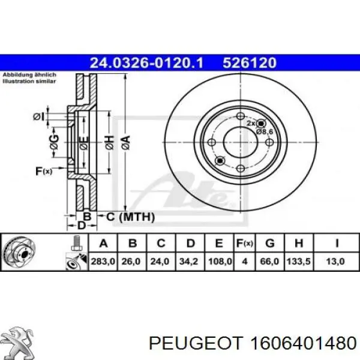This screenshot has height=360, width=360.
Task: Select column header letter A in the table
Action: (103, 243)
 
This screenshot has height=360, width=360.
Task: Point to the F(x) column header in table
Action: (244, 243)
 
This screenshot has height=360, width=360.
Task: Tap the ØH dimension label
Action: (109, 143)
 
